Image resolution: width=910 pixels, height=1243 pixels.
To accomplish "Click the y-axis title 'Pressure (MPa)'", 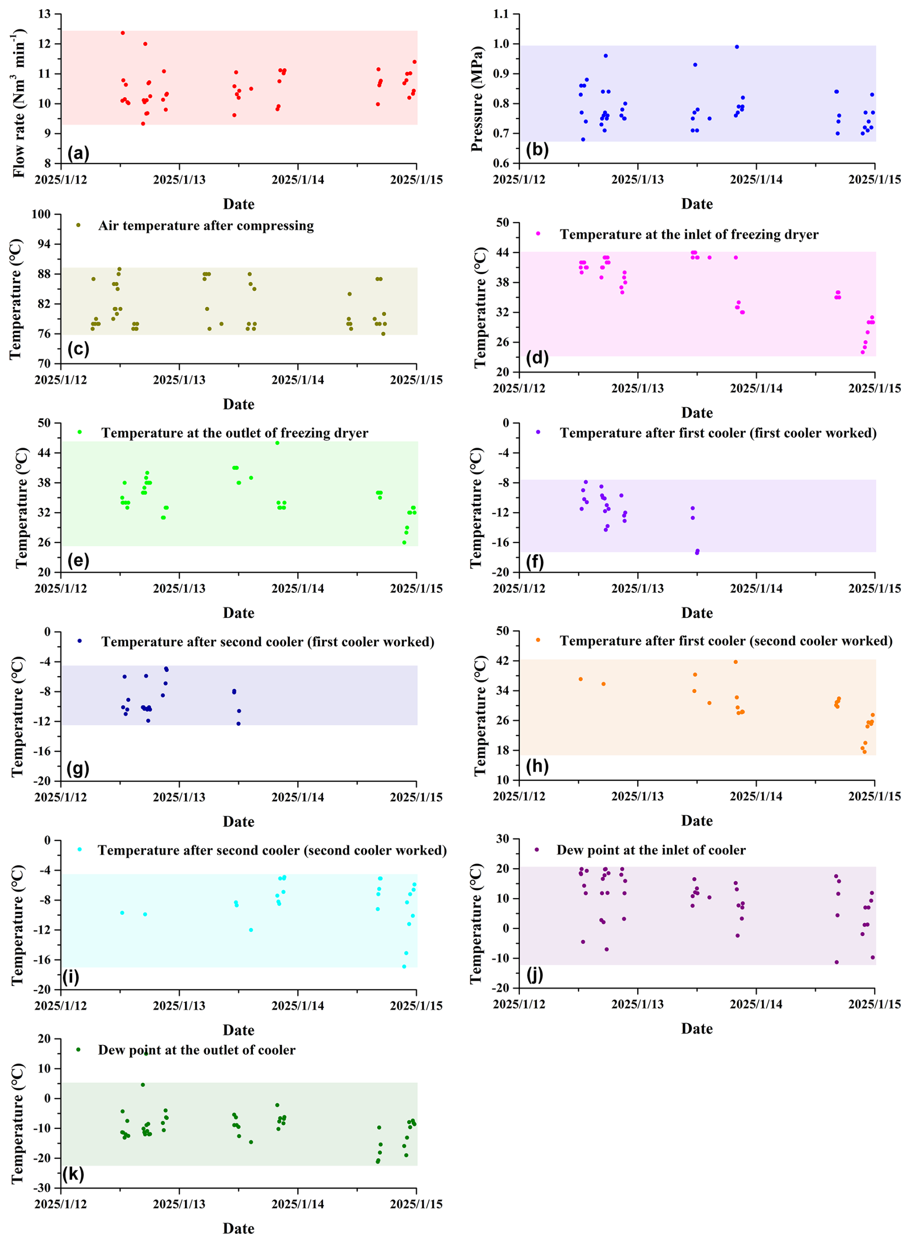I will click(477, 99).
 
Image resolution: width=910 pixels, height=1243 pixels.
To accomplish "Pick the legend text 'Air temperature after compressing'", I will click(206, 226).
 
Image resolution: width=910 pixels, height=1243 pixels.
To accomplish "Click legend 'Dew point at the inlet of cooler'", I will click(651, 850).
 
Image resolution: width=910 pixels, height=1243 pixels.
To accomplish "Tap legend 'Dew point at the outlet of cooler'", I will click(197, 1050).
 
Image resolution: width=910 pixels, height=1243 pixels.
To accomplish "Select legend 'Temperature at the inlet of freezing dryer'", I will click(689, 235).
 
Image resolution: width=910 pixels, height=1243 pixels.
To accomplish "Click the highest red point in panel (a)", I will click(123, 33).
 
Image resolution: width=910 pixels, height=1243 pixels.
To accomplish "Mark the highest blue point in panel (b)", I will click(737, 47).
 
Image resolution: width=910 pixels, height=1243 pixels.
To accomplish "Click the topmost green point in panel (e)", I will click(277, 443).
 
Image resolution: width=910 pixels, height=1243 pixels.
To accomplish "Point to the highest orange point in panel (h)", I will click(735, 662).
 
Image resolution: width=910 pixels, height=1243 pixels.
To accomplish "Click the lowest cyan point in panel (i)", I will click(404, 967).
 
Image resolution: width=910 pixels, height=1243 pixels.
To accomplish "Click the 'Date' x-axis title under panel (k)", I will click(239, 1228).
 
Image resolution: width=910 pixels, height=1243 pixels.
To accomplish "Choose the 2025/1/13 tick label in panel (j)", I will click(637, 1004).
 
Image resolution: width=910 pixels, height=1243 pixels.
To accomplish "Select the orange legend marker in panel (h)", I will click(538, 640).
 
